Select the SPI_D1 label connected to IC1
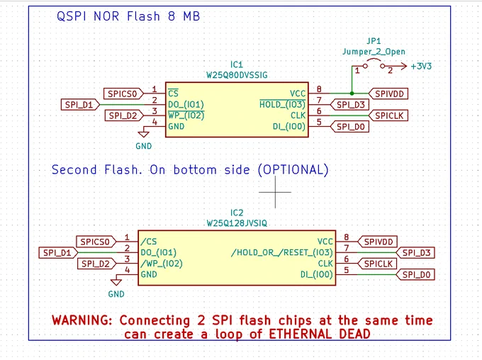(81, 104)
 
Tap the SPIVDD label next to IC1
(388, 94)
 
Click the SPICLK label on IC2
(377, 264)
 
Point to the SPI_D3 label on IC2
(415, 253)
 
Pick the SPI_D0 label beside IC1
(349, 127)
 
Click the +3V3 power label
(421, 66)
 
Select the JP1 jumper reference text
(374, 41)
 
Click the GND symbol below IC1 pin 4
(144, 134)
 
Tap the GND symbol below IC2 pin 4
(116, 282)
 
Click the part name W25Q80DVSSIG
(237, 75)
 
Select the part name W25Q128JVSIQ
(237, 223)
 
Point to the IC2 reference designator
(237, 213)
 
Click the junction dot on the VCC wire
(352, 93)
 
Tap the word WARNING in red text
(82, 320)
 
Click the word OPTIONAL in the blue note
(293, 169)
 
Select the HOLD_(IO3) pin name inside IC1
(282, 104)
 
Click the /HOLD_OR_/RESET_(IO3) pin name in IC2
(282, 252)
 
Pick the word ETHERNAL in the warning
(300, 334)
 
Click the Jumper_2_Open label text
(374, 52)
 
